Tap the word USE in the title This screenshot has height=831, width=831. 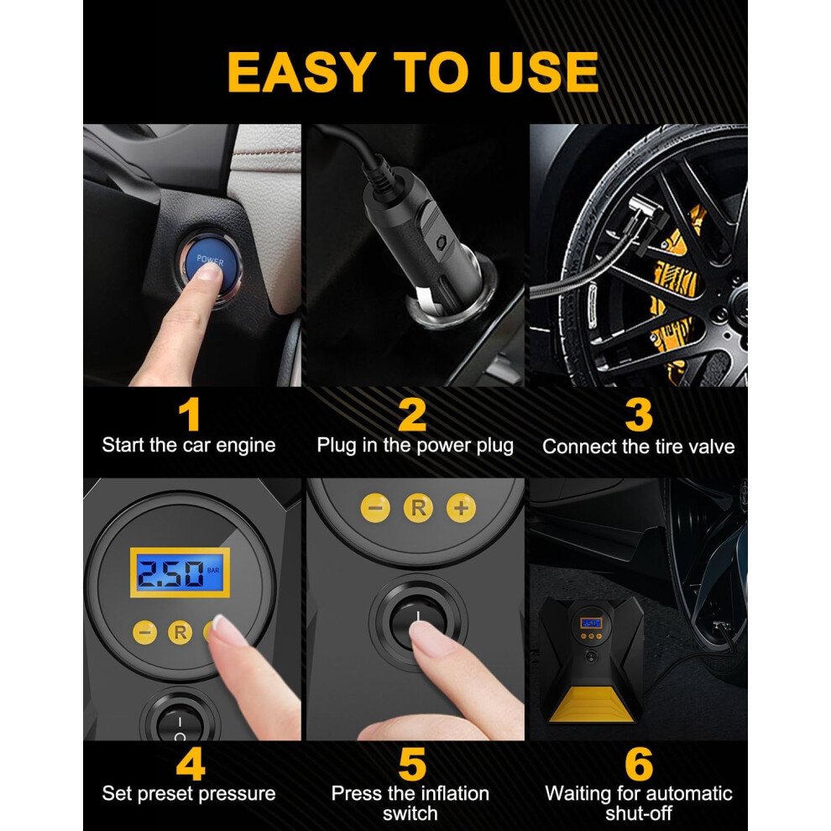(x=544, y=71)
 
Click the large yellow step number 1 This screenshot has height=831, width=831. (x=189, y=415)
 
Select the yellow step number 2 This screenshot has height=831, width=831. (x=412, y=415)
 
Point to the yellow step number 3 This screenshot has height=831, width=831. (x=639, y=415)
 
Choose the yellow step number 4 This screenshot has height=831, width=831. (x=191, y=764)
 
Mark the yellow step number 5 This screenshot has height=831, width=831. (x=412, y=764)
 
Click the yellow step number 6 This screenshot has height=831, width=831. (x=639, y=764)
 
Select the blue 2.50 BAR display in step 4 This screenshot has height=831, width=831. (x=180, y=572)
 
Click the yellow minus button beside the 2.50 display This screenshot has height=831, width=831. (x=144, y=632)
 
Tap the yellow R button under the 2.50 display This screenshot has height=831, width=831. (x=180, y=632)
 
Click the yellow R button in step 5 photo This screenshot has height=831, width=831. (x=418, y=508)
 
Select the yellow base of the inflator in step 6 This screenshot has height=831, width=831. (x=592, y=704)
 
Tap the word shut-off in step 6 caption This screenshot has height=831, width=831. (x=639, y=813)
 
